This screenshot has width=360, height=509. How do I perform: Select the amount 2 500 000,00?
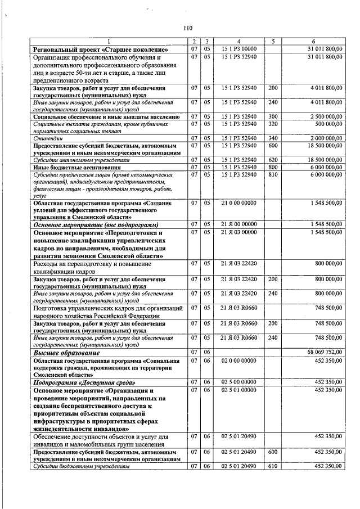click(324, 116)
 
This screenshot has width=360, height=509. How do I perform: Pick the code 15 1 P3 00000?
click(238, 49)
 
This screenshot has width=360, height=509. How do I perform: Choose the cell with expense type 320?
click(273, 124)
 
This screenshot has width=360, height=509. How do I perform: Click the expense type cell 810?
click(273, 175)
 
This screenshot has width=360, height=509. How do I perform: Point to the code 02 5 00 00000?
click(238, 381)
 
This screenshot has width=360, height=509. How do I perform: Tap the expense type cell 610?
click(273, 466)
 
